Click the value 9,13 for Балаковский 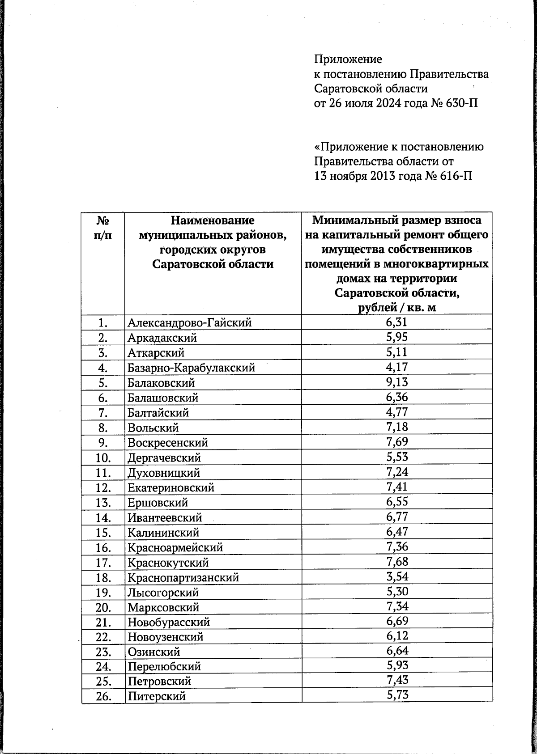(397, 382)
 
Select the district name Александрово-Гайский (189, 322)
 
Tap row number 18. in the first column (103, 577)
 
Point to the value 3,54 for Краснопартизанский (397, 576)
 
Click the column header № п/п (103, 228)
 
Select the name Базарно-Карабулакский (191, 368)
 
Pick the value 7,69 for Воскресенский (397, 442)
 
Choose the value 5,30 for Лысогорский (397, 591)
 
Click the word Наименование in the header (213, 220)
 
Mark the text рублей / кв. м (397, 308)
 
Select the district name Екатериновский (171, 487)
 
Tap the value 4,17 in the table (397, 367)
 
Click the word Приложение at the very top (348, 59)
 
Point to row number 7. (103, 412)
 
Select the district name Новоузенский (166, 637)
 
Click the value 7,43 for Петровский (397, 680)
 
